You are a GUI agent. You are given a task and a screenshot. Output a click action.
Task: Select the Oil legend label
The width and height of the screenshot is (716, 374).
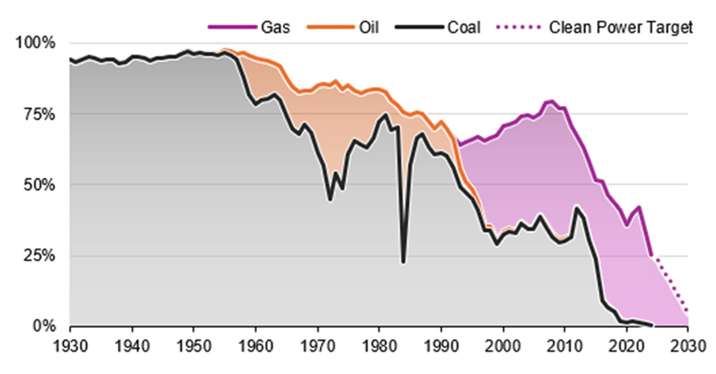(x=368, y=27)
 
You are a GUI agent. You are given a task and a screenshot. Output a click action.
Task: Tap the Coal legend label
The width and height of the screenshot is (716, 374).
(x=464, y=27)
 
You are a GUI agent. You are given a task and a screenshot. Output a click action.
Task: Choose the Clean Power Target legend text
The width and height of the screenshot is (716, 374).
(x=621, y=27)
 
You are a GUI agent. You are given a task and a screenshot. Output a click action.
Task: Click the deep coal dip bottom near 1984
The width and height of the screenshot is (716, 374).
(x=403, y=262)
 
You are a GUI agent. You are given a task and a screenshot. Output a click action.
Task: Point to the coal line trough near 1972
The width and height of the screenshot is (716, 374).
(x=330, y=200)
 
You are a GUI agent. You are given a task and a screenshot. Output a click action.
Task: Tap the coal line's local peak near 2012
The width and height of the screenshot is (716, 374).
(x=576, y=207)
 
